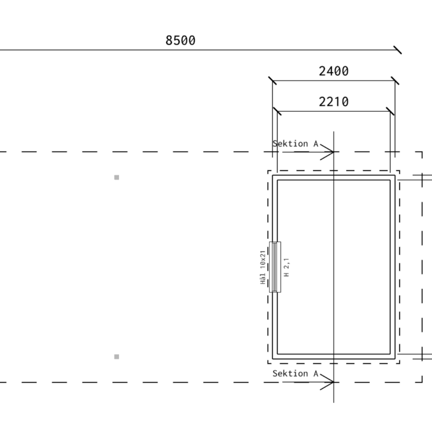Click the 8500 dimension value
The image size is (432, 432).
180,41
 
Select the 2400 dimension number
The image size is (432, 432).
334,72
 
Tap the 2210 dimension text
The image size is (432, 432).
334,102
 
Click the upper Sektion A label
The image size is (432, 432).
296,144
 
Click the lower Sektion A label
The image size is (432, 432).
296,373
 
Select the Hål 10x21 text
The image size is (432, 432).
263,267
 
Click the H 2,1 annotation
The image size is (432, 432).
286,267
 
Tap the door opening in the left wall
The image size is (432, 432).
275,267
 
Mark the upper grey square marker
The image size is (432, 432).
117,178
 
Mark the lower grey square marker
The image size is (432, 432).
117,357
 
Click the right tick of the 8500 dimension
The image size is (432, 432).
397,50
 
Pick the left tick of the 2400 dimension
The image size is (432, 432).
273,81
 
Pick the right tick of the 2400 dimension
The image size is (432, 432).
395,81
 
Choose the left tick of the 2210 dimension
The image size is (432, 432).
277,112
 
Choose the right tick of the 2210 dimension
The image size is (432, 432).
390,112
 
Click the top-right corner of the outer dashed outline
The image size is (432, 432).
422,152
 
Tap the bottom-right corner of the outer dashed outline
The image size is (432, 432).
422,382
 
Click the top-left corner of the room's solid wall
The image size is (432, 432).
273,175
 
